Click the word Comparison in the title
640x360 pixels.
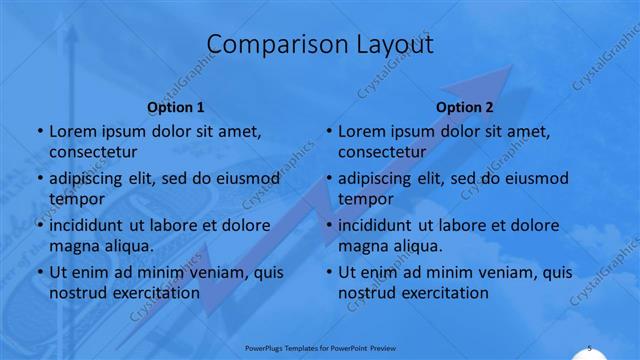pos(264,45)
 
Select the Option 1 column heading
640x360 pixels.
pos(176,107)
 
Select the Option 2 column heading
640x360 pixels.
pos(465,107)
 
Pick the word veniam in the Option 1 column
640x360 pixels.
pos(201,272)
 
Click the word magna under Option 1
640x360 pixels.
pos(73,246)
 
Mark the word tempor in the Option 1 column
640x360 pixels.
pos(76,199)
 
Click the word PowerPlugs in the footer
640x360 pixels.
pos(268,348)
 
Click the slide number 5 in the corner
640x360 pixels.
pos(590,347)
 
